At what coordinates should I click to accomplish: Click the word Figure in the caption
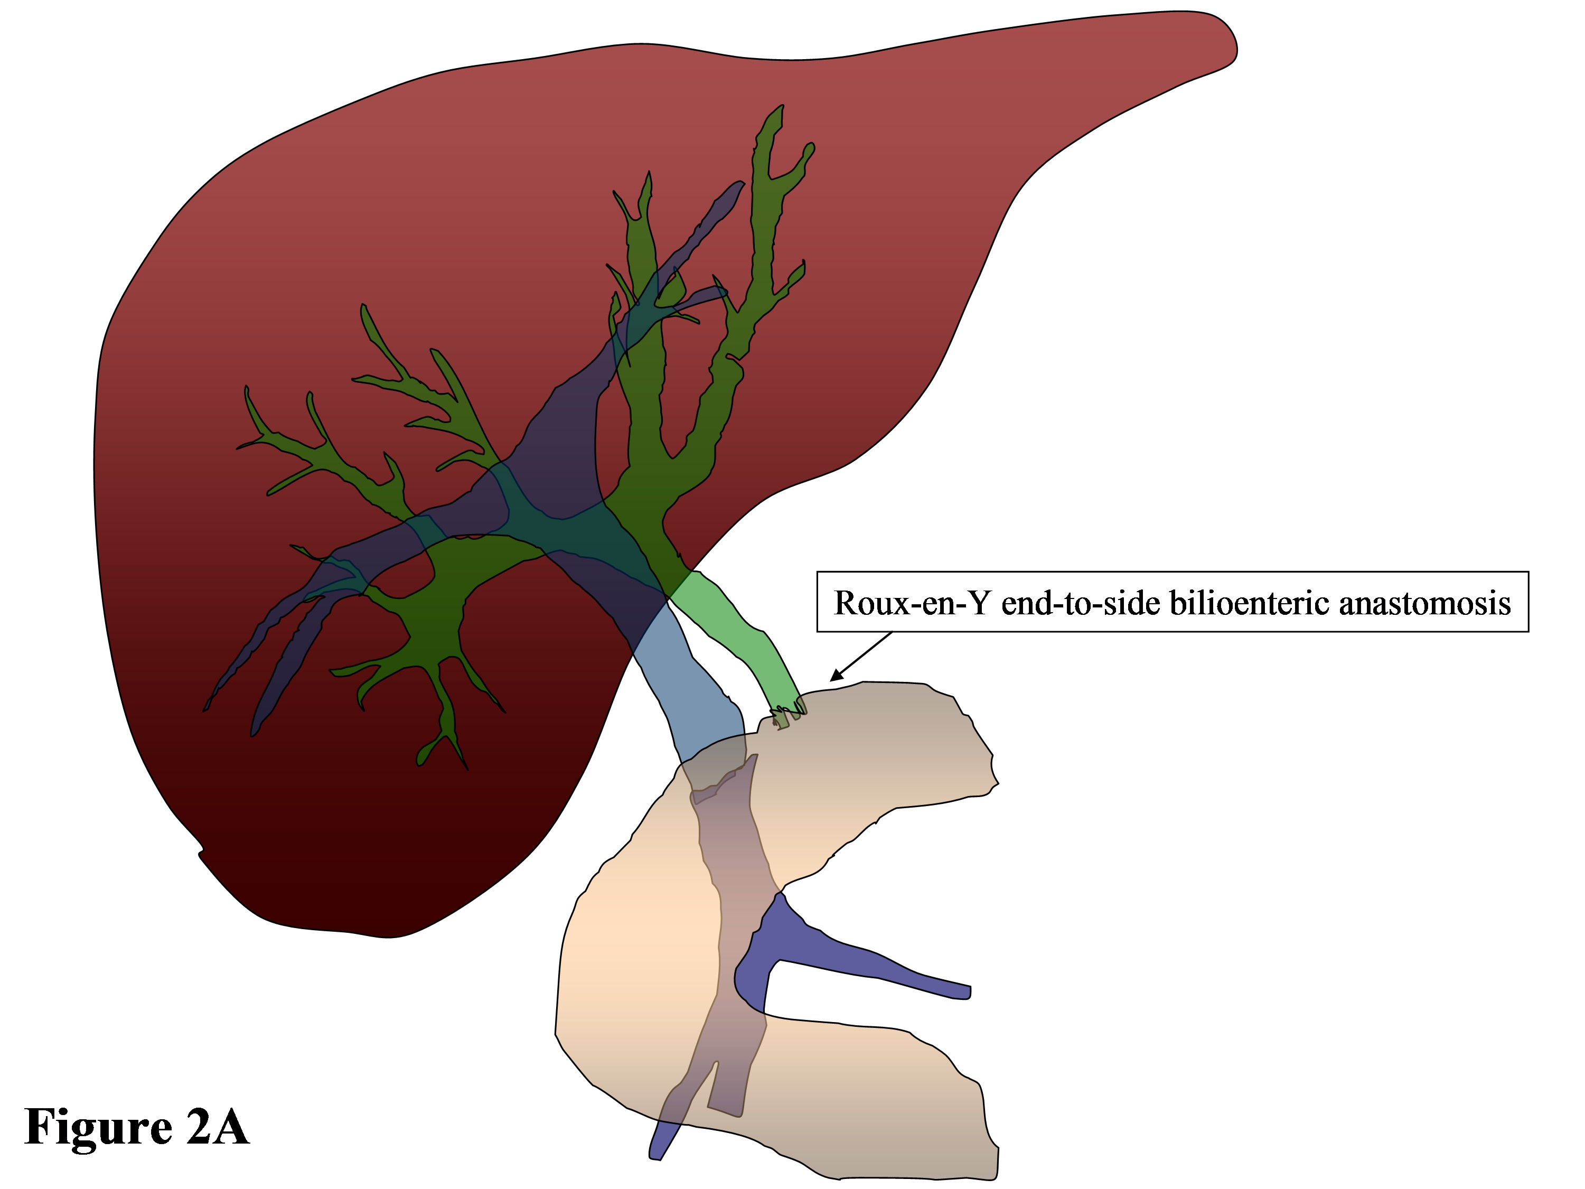coord(98,1127)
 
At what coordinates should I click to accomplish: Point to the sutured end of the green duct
coord(788,714)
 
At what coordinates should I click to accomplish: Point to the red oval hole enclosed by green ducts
coord(401,577)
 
